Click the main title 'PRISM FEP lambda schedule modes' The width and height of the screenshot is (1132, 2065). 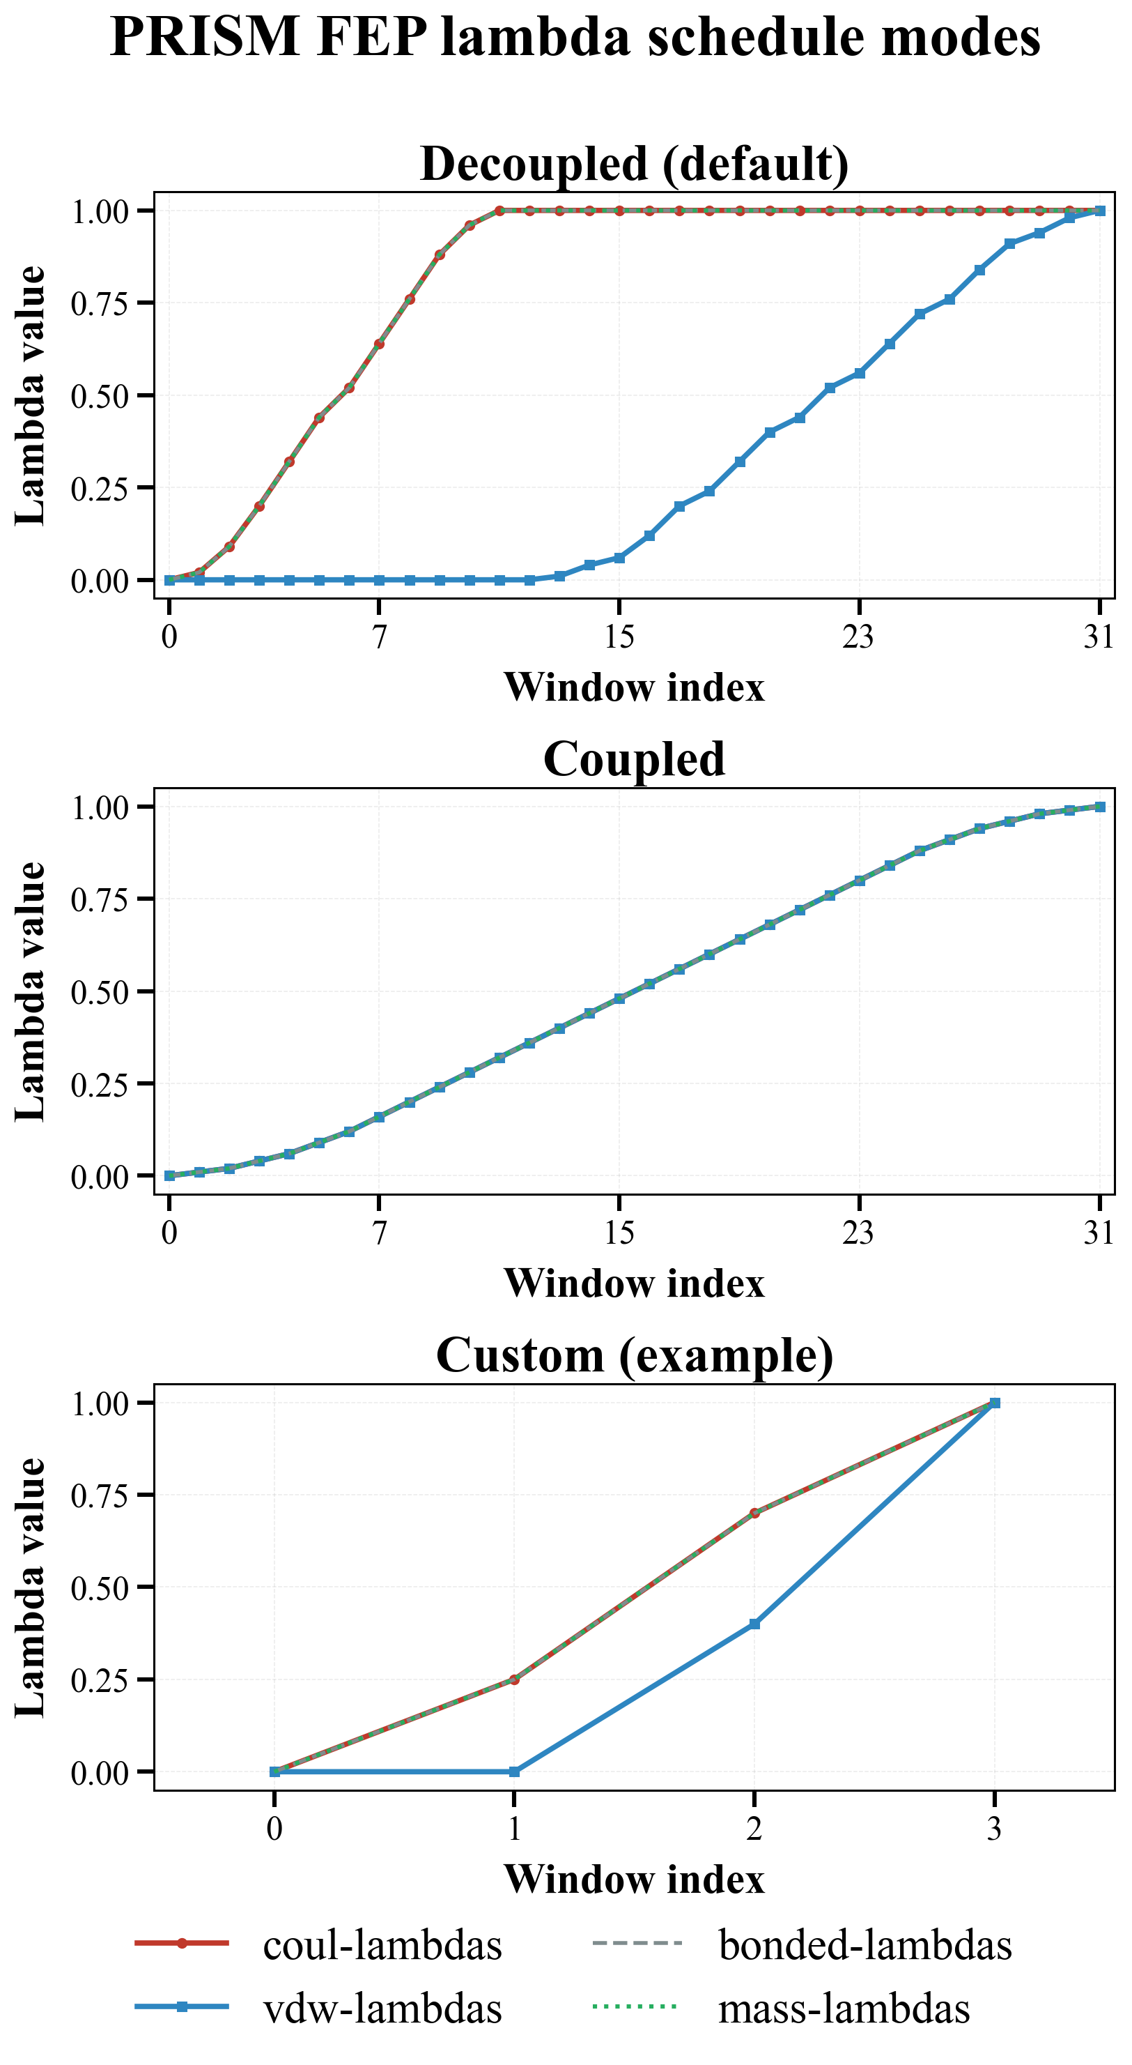pos(575,38)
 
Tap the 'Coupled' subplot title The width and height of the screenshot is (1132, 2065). pos(634,759)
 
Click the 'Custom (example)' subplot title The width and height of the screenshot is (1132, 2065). pos(634,1355)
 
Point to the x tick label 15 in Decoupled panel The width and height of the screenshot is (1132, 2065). pos(619,637)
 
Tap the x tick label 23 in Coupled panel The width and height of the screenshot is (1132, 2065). pos(858,1233)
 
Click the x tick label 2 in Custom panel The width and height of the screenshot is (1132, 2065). pos(754,1829)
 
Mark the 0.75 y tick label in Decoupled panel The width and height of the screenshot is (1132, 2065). pos(100,304)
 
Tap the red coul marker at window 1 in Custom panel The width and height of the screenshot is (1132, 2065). pos(514,1679)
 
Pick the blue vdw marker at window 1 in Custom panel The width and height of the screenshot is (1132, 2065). pos(514,1771)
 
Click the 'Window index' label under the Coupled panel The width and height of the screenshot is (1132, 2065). pos(634,1283)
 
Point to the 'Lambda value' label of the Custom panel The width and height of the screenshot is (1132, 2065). pos(31,1588)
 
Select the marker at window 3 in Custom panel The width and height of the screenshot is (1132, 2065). pos(994,1403)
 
